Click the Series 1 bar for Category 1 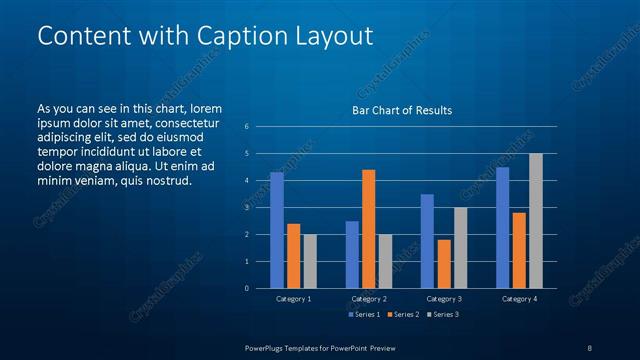pyautogui.click(x=277, y=230)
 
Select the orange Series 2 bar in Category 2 pyautogui.click(x=368, y=229)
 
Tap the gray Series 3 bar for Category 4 pyautogui.click(x=536, y=221)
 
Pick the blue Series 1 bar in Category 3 pyautogui.click(x=427, y=241)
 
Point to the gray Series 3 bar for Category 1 pyautogui.click(x=309, y=261)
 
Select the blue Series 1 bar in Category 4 pyautogui.click(x=503, y=227)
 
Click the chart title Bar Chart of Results pyautogui.click(x=402, y=110)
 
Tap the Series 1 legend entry pyautogui.click(x=364, y=314)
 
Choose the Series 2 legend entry pyautogui.click(x=403, y=314)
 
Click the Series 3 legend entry pyautogui.click(x=442, y=314)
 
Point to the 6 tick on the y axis pyautogui.click(x=246, y=127)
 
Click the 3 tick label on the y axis pyautogui.click(x=246, y=208)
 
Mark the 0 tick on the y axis pyautogui.click(x=246, y=288)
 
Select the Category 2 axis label pyautogui.click(x=369, y=299)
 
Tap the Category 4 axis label pyautogui.click(x=519, y=299)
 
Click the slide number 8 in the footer pyautogui.click(x=590, y=347)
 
